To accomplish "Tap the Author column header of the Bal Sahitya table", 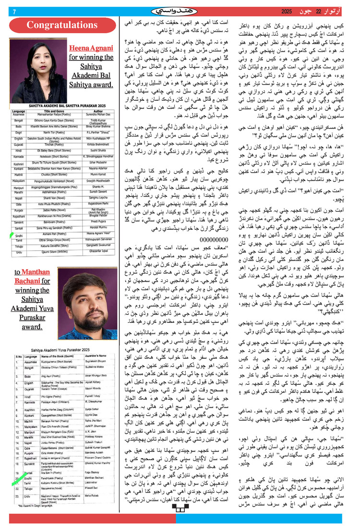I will pyautogui.click(x=100, y=111).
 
